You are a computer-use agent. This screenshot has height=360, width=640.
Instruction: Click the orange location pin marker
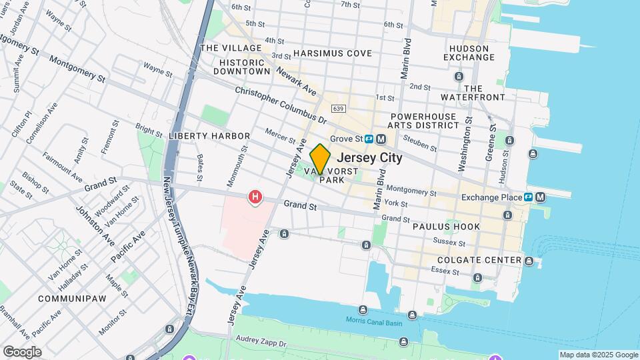coord(320,159)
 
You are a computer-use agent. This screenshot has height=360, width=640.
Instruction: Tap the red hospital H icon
coord(255,197)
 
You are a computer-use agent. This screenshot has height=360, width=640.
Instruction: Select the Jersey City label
coord(370,158)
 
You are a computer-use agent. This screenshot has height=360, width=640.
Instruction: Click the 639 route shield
coord(338,108)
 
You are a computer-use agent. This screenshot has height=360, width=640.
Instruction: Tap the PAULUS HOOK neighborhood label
coord(446,227)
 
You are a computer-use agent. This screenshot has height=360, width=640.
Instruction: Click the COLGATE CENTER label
coord(479,260)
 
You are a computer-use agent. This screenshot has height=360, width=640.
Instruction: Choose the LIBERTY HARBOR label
coord(200,136)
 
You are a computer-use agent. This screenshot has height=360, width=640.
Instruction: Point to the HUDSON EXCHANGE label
coord(472,53)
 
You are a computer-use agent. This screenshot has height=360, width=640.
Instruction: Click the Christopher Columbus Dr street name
coord(281,105)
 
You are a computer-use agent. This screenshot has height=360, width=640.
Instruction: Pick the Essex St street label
coord(445,272)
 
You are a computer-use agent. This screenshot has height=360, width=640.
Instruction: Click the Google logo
coord(21,351)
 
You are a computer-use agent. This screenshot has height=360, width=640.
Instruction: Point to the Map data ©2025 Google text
coord(598,355)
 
